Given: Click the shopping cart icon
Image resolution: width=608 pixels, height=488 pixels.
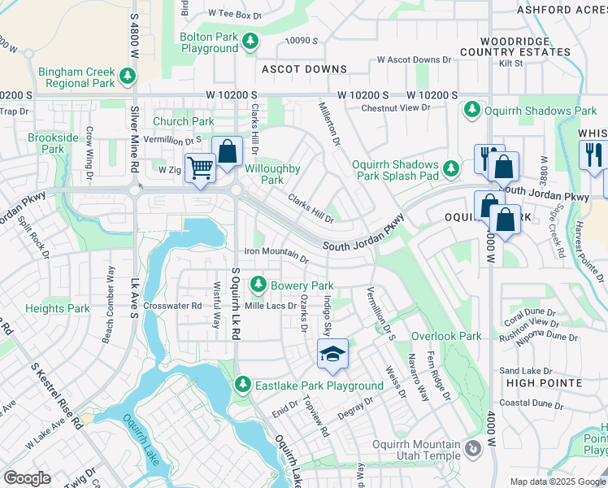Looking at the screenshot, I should point(200,168).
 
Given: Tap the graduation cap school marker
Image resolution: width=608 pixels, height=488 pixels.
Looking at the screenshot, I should point(332,354).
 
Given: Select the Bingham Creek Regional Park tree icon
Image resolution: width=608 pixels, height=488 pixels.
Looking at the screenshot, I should point(127,77).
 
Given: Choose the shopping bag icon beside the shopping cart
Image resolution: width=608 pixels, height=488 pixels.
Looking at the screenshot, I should point(228,151).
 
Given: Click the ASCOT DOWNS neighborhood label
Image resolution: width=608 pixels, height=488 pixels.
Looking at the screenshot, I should point(304,70).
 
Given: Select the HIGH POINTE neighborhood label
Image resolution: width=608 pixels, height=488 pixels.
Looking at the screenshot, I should point(544,382).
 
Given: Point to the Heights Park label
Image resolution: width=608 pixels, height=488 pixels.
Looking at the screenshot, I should point(57,308).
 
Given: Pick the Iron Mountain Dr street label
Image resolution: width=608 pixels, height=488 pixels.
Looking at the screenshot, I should point(276,256).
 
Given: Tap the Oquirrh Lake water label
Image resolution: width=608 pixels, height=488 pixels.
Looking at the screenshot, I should point(143,441).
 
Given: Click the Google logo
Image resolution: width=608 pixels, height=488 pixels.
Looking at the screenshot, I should point(27,478).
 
